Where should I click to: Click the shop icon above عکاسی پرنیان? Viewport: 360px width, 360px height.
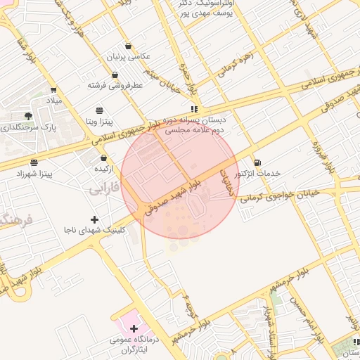(x=128, y=45)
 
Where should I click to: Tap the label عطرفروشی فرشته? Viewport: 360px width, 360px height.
(x=115, y=85)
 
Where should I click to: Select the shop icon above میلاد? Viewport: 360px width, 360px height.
(x=53, y=90)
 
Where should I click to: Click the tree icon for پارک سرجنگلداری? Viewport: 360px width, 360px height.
(x=28, y=115)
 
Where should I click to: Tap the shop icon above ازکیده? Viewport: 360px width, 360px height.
(x=104, y=158)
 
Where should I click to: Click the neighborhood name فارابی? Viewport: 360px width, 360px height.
(x=105, y=189)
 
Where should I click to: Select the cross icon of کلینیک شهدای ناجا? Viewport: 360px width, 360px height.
(x=95, y=219)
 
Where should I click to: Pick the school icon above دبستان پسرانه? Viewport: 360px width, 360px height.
(x=193, y=109)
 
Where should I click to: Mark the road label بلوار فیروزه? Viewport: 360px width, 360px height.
(x=328, y=157)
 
